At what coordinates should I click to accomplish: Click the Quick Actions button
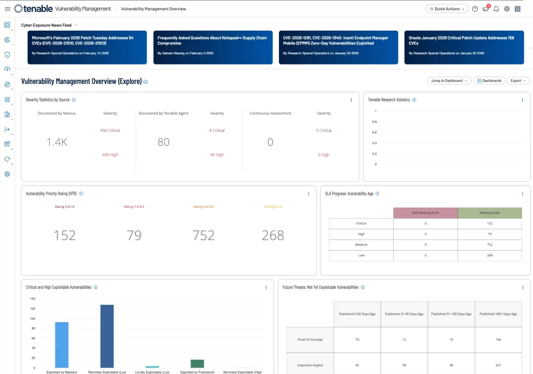447,9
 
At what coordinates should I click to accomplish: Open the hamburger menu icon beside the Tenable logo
7,9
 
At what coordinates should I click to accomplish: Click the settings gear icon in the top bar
506,9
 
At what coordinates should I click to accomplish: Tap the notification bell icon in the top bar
496,9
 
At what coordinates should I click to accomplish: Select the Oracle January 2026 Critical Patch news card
464,47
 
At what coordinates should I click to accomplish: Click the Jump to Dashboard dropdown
449,81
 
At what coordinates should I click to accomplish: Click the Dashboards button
489,81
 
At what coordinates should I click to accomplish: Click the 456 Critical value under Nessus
110,130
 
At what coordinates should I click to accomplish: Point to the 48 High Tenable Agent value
217,155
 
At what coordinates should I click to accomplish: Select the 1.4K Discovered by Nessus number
57,142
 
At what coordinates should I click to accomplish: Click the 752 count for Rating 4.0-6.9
203,235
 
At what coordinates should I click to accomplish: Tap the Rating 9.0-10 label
65,207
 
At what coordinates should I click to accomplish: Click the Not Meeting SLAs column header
425,213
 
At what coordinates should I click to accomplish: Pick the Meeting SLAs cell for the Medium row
489,244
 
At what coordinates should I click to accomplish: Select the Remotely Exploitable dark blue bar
107,336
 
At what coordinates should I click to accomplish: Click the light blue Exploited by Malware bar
61,344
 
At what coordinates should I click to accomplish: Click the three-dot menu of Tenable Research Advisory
522,100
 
